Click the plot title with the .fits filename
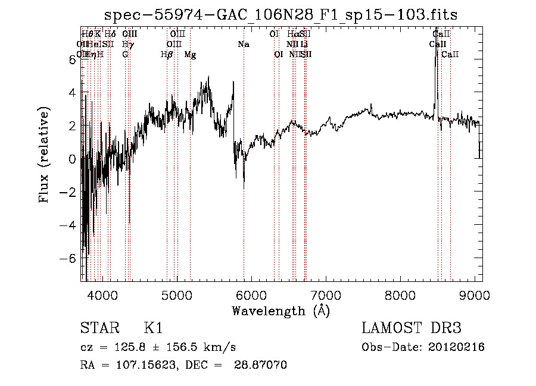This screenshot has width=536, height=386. pos(281,15)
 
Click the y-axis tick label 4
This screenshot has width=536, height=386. pos(72,93)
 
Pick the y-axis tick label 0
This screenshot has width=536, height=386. pos(72,159)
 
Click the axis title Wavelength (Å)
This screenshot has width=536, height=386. pos(281,310)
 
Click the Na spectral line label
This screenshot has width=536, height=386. pos(243,45)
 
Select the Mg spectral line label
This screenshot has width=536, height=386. pos(190,55)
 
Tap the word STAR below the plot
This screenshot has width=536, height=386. pos(97,328)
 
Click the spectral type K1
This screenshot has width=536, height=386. pos(153,328)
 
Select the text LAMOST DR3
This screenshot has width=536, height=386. pos(412,328)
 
